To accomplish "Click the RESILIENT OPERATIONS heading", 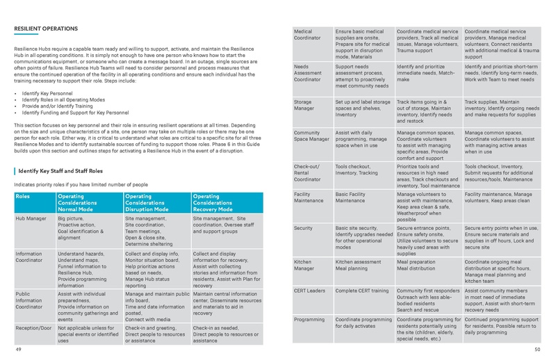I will point(45,28).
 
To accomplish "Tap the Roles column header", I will point(24,197).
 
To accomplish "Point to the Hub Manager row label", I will point(31,218).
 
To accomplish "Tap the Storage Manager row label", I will point(306,106).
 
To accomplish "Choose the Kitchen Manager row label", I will point(306,266).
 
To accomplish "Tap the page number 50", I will point(537,352).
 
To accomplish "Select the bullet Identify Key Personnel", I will point(48,92).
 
